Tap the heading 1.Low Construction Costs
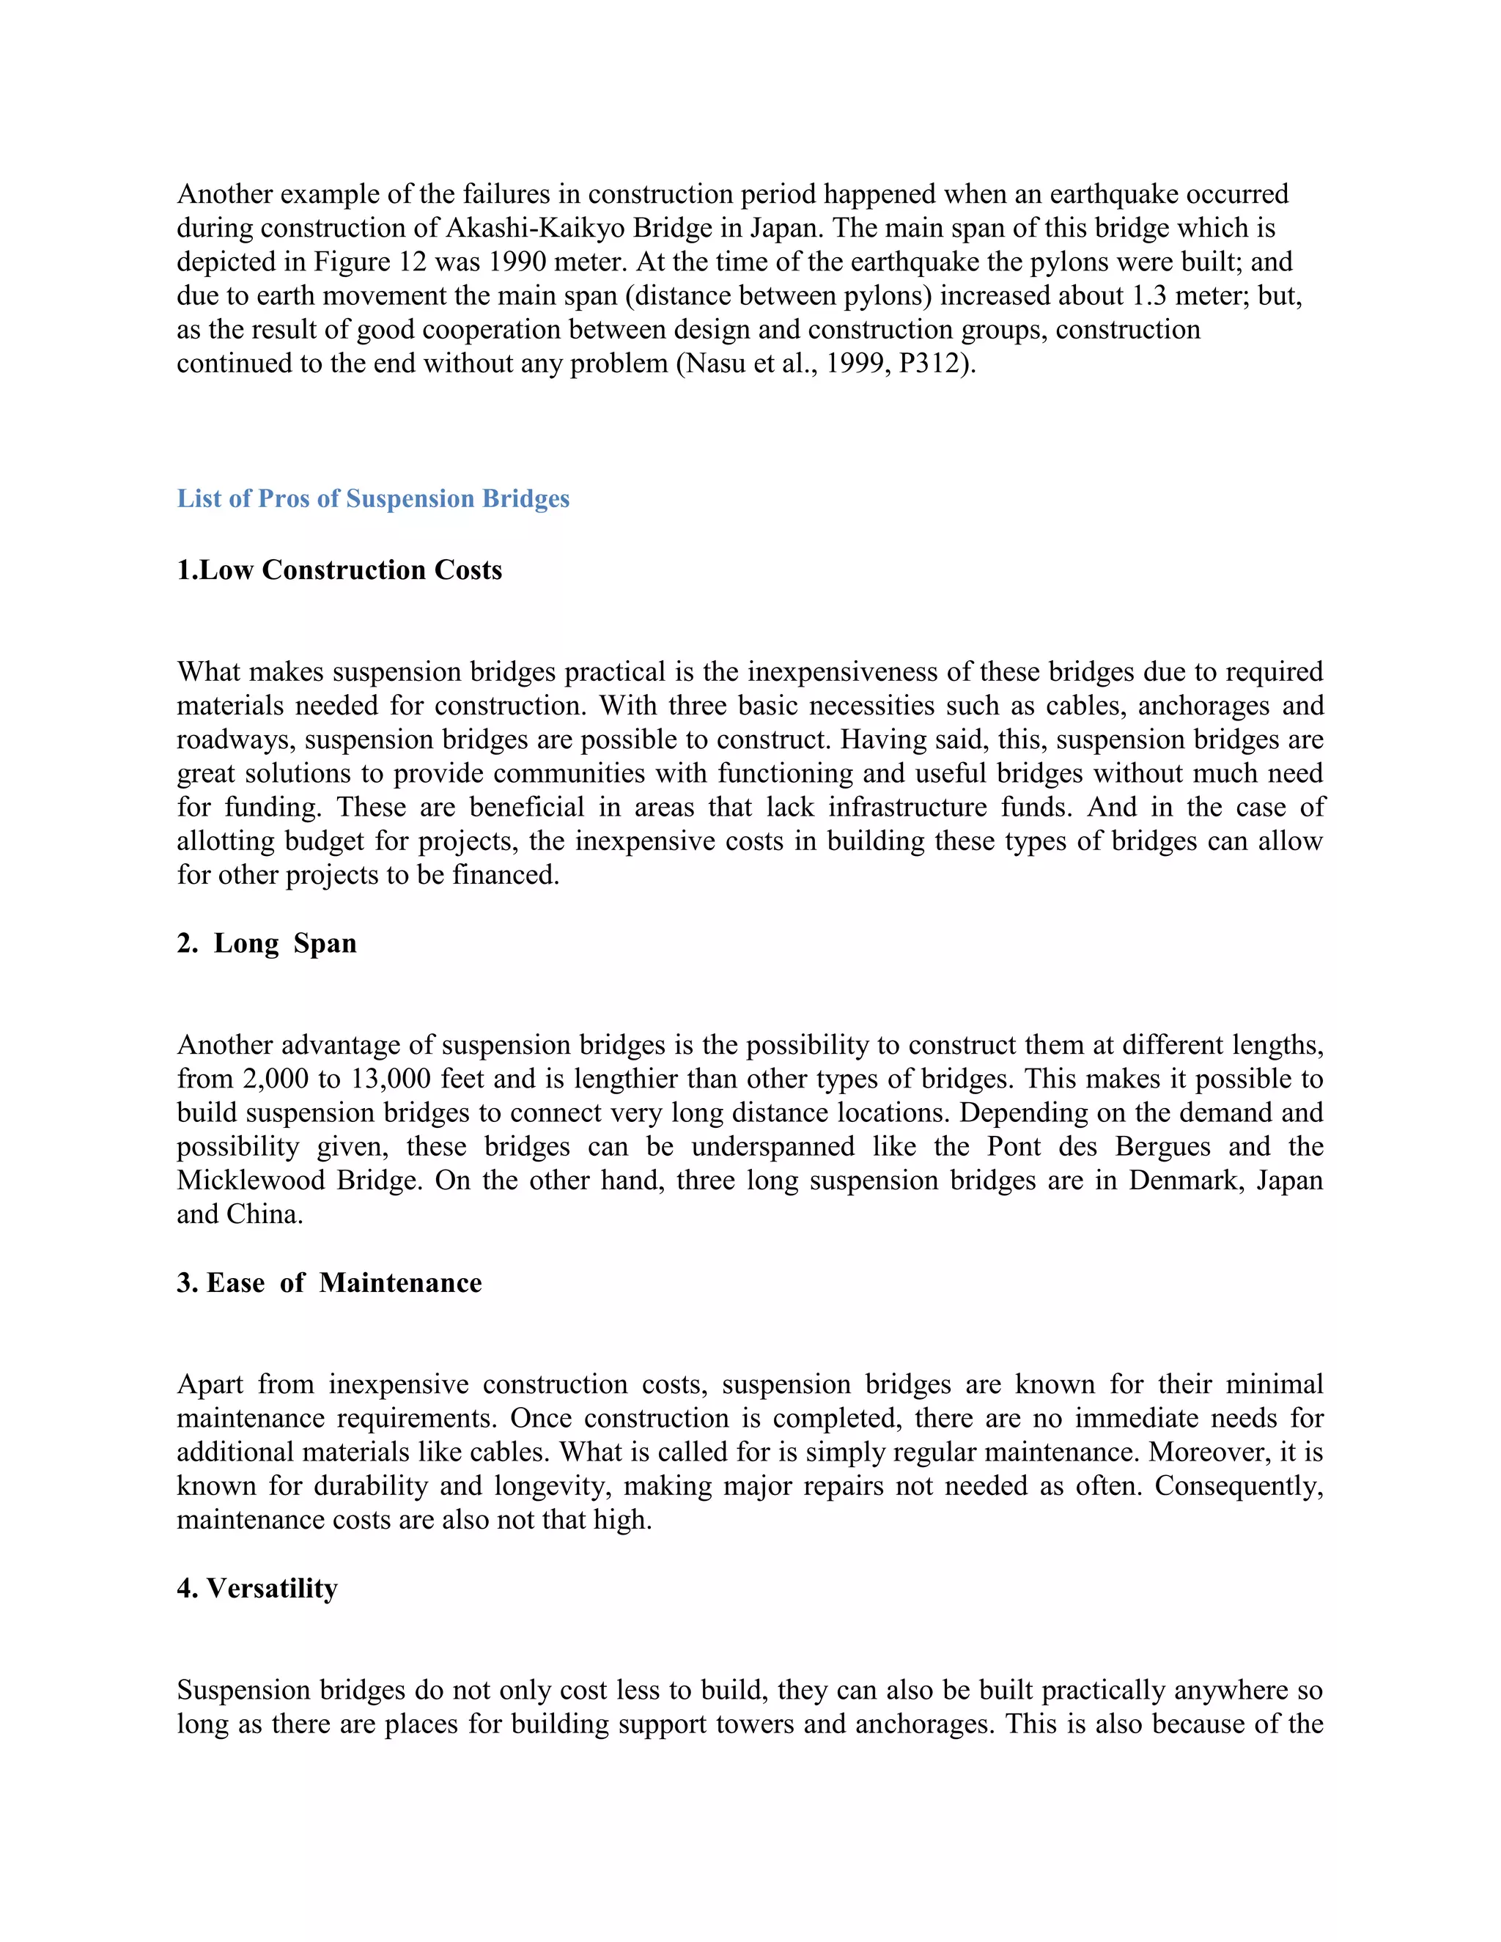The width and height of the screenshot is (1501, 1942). pos(339,570)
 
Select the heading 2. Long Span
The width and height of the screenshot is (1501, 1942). pos(267,943)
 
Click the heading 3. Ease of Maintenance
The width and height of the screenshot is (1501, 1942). pos(329,1283)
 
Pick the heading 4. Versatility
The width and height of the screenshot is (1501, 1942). pos(257,1589)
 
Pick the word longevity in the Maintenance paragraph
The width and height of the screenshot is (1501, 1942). pos(547,1487)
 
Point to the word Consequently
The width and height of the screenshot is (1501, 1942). pos(1239,1487)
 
